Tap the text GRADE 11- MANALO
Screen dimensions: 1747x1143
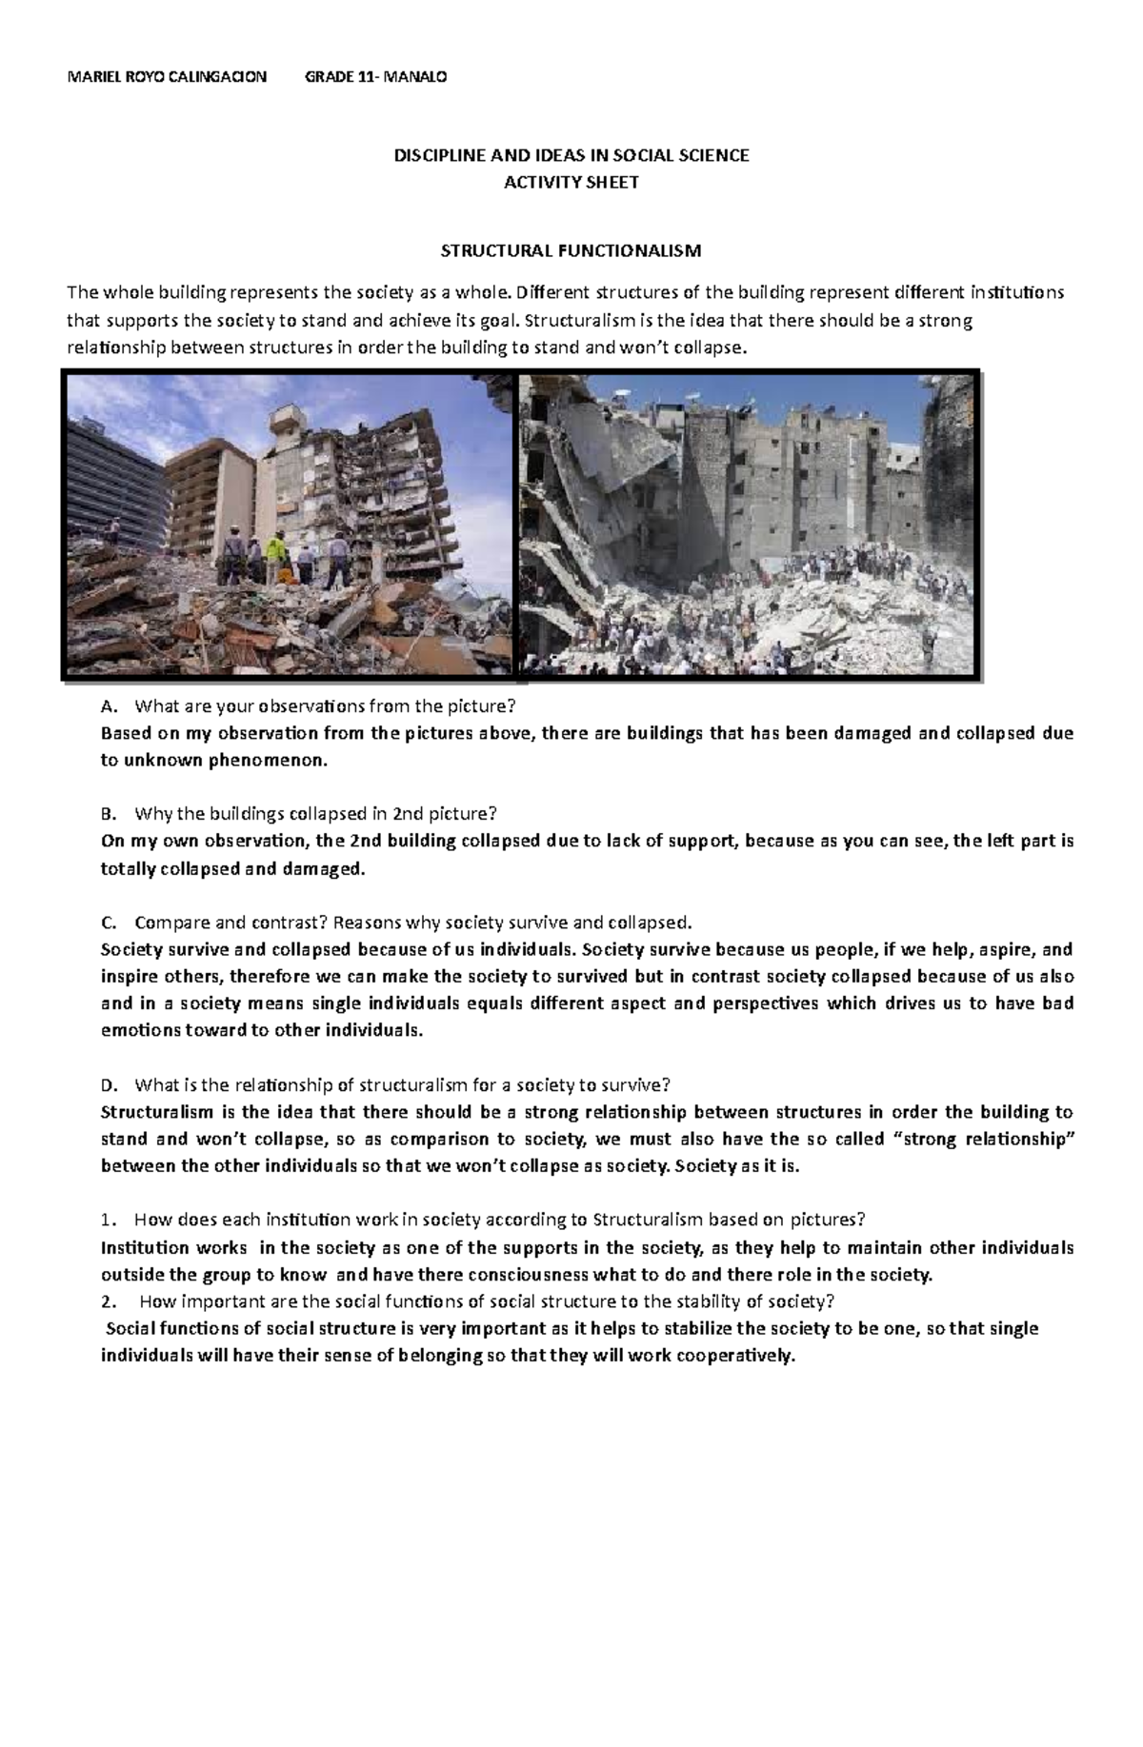pyautogui.click(x=374, y=77)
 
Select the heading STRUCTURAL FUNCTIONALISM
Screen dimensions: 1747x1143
pyautogui.click(x=570, y=251)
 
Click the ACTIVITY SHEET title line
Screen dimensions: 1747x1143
pyautogui.click(x=571, y=183)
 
